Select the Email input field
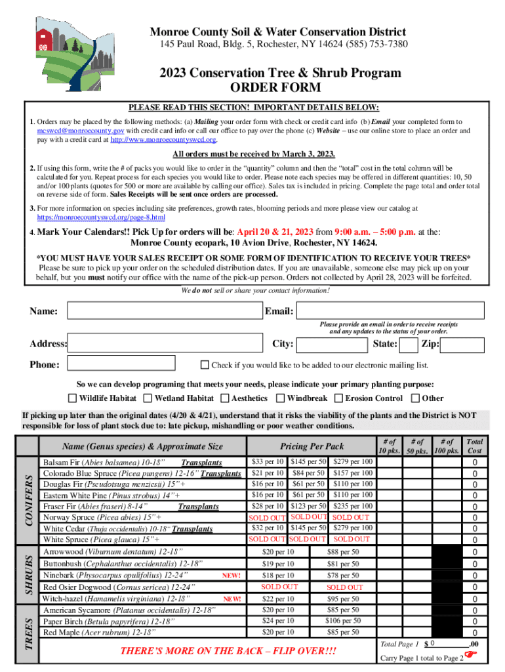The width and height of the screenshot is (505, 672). [x=390, y=311]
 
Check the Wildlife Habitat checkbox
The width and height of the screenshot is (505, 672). [x=73, y=398]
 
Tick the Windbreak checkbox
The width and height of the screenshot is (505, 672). [x=281, y=398]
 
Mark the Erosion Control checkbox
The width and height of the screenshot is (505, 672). [x=338, y=398]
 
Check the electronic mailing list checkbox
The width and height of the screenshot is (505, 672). [x=205, y=365]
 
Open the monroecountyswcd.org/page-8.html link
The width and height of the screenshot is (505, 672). [x=101, y=217]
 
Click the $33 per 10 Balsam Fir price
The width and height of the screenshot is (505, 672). [x=267, y=462]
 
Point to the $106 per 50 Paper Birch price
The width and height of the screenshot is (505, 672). [x=343, y=621]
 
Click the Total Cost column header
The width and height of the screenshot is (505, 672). [x=474, y=447]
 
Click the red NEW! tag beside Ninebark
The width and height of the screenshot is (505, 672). [x=232, y=576]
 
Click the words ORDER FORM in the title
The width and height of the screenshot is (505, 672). [x=275, y=88]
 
